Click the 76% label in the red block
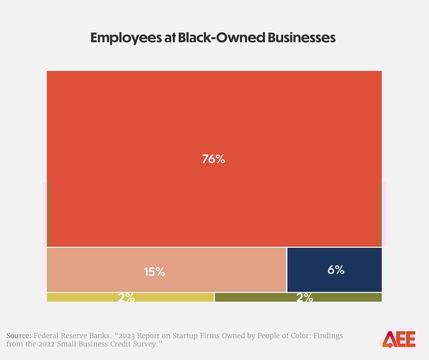pos(213,159)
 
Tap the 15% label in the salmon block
pos(154,272)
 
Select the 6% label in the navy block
pos(335,270)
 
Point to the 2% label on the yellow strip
pos(126,298)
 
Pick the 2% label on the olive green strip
pos(305,298)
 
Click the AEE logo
pos(399,339)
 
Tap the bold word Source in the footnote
pos(18,335)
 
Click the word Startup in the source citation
pos(196,335)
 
